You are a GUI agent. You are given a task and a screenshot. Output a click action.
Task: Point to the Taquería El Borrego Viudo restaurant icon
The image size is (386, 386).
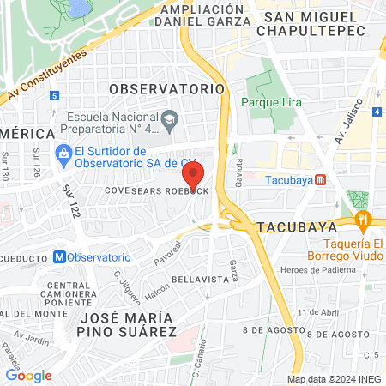[365, 220]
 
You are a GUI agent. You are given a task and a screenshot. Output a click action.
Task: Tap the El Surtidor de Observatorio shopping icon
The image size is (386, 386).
[63, 154]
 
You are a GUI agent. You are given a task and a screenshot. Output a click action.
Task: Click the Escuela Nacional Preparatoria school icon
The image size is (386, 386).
[169, 118]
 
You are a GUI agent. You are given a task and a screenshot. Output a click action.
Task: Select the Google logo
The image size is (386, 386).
[28, 375]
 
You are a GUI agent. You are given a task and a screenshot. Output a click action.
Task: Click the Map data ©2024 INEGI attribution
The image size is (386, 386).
[333, 379]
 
